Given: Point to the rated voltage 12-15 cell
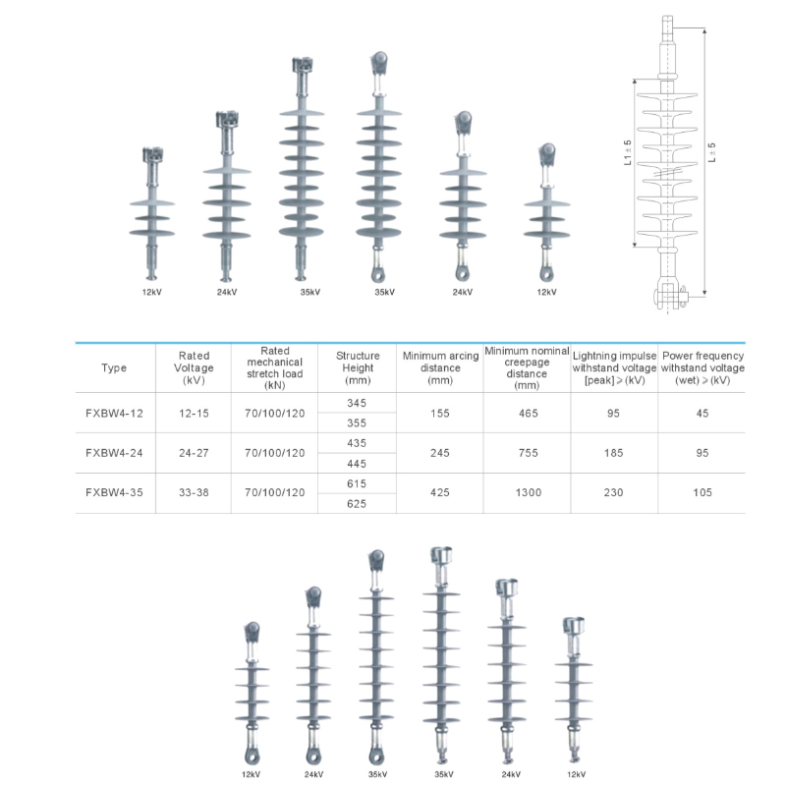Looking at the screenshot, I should point(194,414).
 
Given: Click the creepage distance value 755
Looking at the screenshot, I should point(527,453).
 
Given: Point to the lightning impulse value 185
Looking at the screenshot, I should point(613,453).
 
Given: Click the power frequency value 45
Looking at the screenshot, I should point(702,414).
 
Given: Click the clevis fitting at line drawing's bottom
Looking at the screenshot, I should point(668,294).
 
